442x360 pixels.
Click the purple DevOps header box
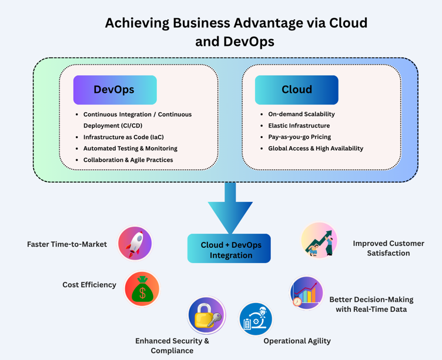(x=115, y=90)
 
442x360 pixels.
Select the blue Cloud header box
(x=296, y=90)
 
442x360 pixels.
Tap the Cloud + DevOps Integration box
(x=229, y=249)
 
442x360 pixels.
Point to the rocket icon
(x=135, y=243)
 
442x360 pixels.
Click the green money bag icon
(x=142, y=289)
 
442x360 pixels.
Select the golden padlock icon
(x=206, y=315)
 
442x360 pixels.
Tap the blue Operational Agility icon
(x=256, y=319)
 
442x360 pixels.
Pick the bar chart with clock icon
(x=306, y=292)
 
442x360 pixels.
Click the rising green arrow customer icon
(x=319, y=240)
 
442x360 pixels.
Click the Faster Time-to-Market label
(x=67, y=244)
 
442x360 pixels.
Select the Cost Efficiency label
(x=89, y=285)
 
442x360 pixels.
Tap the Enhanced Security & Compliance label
(x=172, y=345)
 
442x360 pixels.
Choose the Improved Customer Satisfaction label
(x=388, y=248)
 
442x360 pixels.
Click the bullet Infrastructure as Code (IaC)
(x=123, y=137)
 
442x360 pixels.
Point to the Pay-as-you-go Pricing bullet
(x=299, y=137)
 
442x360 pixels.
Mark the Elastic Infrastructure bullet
(x=299, y=126)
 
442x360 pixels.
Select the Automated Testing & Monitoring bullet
(x=130, y=149)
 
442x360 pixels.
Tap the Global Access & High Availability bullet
(x=316, y=149)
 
